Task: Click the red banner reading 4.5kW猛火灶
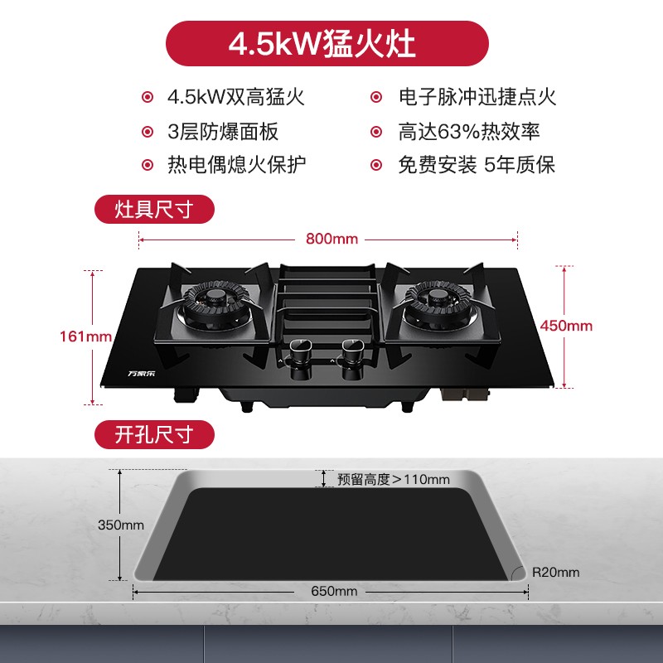[327, 43]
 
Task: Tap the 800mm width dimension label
[332, 239]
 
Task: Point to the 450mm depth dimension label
[566, 326]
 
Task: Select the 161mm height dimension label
[85, 336]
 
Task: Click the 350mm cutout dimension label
[121, 525]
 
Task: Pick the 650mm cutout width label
[334, 591]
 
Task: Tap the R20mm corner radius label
[555, 573]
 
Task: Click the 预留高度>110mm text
[393, 480]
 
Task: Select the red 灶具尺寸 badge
[154, 210]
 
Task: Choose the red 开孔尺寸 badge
[154, 434]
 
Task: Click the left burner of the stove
[216, 302]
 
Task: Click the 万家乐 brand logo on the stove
[142, 374]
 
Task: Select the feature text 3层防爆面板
[223, 131]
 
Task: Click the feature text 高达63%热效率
[469, 131]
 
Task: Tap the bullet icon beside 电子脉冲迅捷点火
[376, 97]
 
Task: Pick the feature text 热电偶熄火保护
[237, 164]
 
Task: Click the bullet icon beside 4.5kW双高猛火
[148, 97]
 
